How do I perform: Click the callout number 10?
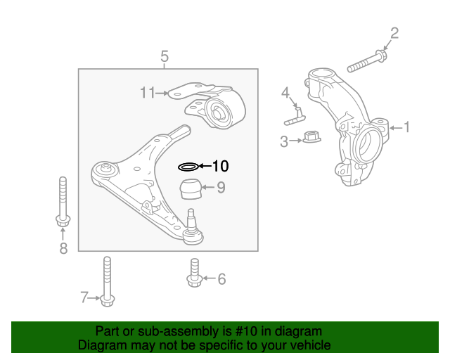tap(220, 167)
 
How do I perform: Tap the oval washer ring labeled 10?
tap(188, 167)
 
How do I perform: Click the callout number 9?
tap(221, 187)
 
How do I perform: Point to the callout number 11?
tap(147, 92)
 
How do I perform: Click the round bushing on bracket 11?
tap(219, 111)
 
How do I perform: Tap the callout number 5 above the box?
tap(165, 56)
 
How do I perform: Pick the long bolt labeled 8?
tap(63, 204)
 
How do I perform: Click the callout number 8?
tap(63, 247)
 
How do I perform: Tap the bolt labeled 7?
tap(107, 281)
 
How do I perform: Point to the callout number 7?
tap(84, 298)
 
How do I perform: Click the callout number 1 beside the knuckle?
tap(406, 127)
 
